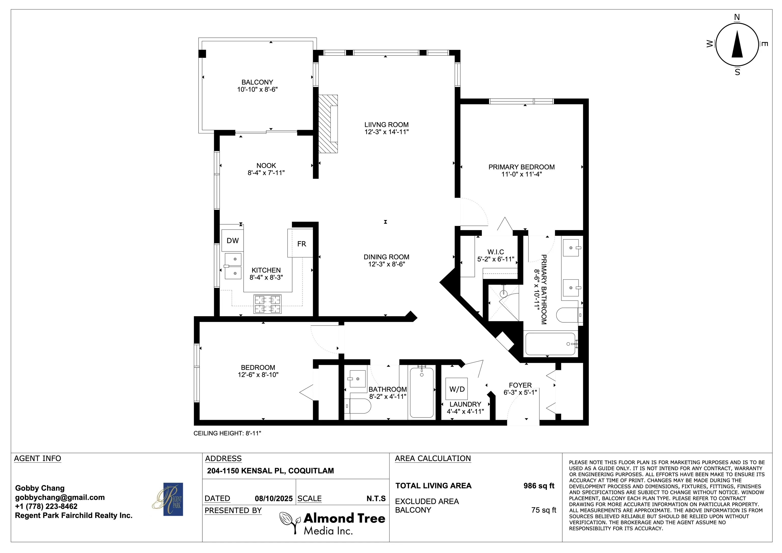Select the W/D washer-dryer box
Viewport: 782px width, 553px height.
coord(457,389)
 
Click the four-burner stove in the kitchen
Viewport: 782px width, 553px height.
coord(267,304)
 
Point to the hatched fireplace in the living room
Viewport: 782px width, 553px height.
coord(328,124)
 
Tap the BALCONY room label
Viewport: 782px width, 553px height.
coord(257,82)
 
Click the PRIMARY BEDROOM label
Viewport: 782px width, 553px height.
coord(521,167)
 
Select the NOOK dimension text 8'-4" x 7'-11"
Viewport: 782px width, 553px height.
coord(266,173)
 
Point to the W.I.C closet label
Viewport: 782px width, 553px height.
coord(496,252)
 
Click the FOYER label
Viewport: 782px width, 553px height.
coord(520,385)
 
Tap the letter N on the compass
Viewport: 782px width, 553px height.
coord(737,17)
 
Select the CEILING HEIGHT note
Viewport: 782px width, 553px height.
coord(227,433)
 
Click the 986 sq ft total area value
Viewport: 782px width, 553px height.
coord(539,486)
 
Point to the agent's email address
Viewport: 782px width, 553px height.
coord(60,497)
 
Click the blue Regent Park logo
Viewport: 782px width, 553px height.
coord(173,499)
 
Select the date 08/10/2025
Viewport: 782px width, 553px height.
coord(273,499)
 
